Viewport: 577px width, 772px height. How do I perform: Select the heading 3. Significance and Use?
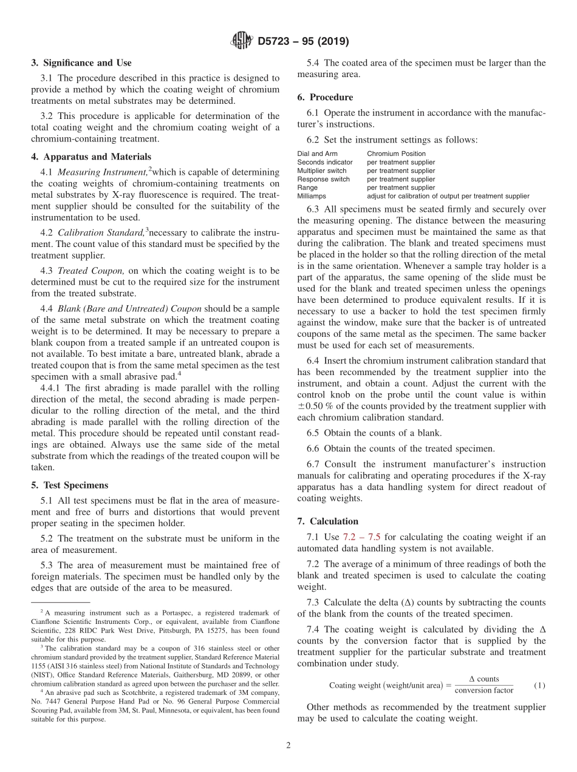pyautogui.click(x=81, y=63)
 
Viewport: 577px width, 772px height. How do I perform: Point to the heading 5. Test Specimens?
pyautogui.click(x=69, y=485)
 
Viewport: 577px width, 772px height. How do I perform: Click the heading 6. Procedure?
pyautogui.click(x=325, y=97)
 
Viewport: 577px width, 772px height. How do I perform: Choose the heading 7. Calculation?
pyautogui.click(x=328, y=521)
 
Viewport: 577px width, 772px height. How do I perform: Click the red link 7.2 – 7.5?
pyautogui.click(x=362, y=537)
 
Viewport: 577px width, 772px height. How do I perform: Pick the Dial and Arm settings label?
pyautogui.click(x=317, y=154)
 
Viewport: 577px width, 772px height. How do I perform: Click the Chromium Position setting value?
pyautogui.click(x=396, y=154)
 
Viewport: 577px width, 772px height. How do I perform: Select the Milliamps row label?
pyautogui.click(x=312, y=196)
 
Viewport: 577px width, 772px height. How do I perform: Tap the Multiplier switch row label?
pyautogui.click(x=322, y=171)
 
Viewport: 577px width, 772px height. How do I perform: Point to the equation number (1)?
pyautogui.click(x=539, y=685)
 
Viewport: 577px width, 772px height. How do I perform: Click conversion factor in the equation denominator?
pyautogui.click(x=483, y=691)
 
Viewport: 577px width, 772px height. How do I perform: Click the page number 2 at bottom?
pyautogui.click(x=288, y=746)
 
